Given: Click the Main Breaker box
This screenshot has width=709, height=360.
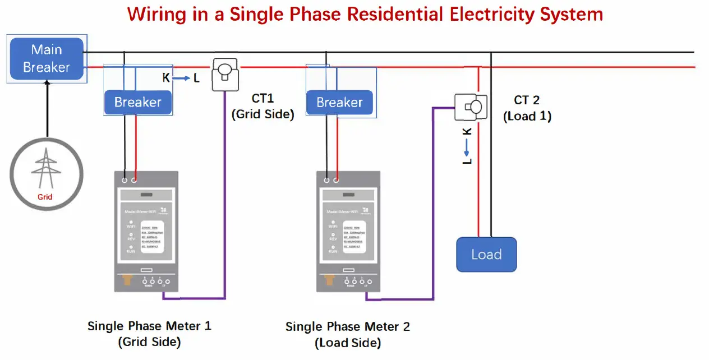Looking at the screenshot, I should [x=47, y=58].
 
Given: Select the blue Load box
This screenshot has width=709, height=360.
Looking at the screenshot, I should [x=486, y=255].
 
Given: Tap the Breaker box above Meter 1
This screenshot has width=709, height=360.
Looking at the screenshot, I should [x=137, y=102].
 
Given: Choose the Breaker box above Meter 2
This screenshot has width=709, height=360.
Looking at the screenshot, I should [x=339, y=103].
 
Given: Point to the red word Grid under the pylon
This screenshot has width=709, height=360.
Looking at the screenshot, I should [x=45, y=197].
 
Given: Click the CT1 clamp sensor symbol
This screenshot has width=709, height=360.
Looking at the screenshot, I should [x=225, y=74].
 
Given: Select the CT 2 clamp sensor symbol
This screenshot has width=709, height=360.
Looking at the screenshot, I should [x=471, y=105].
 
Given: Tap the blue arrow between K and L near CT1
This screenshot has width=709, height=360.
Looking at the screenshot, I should [x=181, y=79].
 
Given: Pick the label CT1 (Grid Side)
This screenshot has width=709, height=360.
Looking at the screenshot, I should [x=263, y=106].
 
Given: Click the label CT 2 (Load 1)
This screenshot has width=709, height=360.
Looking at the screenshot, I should [x=527, y=108].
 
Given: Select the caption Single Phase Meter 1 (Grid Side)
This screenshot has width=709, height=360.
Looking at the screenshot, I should [x=149, y=333].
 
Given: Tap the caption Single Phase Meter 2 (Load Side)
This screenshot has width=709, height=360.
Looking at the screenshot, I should [x=348, y=334].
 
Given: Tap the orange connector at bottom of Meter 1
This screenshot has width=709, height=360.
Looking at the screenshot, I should [x=128, y=279].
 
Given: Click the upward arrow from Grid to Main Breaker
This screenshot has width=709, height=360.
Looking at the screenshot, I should [x=47, y=107].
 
